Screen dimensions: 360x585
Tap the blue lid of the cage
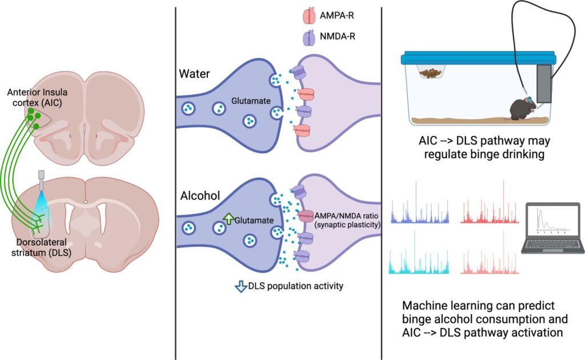[x=477, y=58]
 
